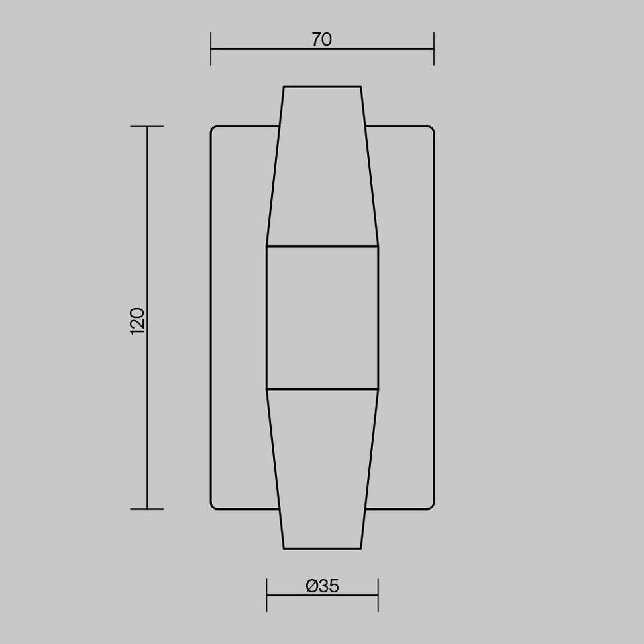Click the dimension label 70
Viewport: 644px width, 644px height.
coord(321,40)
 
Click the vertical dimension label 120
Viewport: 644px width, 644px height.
coord(137,321)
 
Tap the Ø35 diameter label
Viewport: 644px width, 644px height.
coord(323,586)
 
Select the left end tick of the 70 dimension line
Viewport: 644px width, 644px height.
coord(211,49)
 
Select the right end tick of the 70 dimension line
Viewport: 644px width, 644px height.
coord(434,49)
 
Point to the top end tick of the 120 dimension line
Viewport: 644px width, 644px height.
coord(147,127)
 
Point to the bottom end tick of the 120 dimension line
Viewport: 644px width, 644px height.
coord(147,509)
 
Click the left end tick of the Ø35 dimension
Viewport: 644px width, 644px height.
coord(266,595)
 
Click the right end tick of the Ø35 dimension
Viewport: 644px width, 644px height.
coord(378,595)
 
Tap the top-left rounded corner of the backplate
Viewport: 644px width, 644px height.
coord(213,128)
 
